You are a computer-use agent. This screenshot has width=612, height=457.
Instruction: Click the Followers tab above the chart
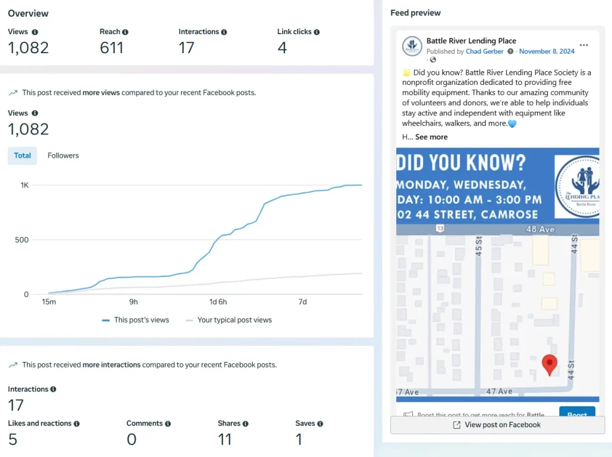coord(63,155)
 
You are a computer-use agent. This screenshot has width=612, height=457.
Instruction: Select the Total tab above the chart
coord(23,155)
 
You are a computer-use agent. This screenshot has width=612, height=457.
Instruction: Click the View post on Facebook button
coord(497,425)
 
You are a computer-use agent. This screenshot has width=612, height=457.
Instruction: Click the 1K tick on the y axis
coord(25,185)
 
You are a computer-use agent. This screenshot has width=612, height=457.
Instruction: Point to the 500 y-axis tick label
coord(22,240)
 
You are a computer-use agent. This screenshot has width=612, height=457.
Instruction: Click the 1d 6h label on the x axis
coord(218,302)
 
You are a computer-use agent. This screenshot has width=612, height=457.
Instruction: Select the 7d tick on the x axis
coord(302,302)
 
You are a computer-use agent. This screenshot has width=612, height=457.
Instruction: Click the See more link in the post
coord(432,137)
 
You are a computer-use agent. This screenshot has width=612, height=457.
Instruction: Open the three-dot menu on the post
coord(584,45)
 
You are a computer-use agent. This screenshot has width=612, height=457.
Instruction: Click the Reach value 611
coord(112,48)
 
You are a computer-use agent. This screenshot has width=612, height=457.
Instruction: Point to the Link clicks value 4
coord(282,48)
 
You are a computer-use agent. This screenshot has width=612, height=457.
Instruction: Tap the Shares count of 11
coord(225,440)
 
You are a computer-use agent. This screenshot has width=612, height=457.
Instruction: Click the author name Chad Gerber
coord(485,51)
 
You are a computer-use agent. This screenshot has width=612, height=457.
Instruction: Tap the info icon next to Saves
coord(320,424)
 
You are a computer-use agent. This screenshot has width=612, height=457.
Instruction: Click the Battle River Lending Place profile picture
coord(412,46)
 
